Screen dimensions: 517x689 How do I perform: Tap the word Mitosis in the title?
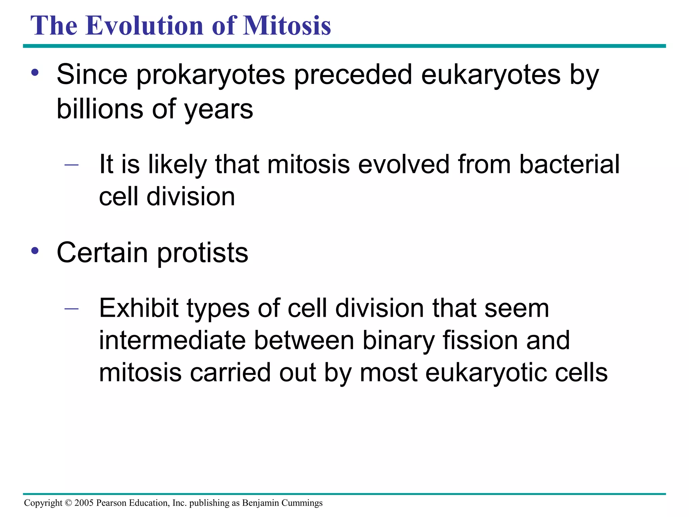pos(287,26)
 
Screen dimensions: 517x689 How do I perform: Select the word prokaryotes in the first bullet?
pos(211,75)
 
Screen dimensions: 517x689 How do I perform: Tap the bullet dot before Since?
pos(35,73)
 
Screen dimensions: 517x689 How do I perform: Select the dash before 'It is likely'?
pos(71,165)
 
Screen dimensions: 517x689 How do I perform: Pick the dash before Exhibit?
pos(71,308)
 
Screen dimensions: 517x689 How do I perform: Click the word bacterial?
pos(569,164)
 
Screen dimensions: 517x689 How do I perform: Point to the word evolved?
pos(404,164)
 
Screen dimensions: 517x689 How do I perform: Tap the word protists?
pos(203,253)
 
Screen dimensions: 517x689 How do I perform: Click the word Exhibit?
pos(139,308)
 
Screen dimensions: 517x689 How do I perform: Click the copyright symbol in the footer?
pos(68,503)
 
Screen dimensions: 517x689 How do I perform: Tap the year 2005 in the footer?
pos(84,503)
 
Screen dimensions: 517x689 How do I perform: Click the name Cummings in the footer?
pos(302,503)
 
